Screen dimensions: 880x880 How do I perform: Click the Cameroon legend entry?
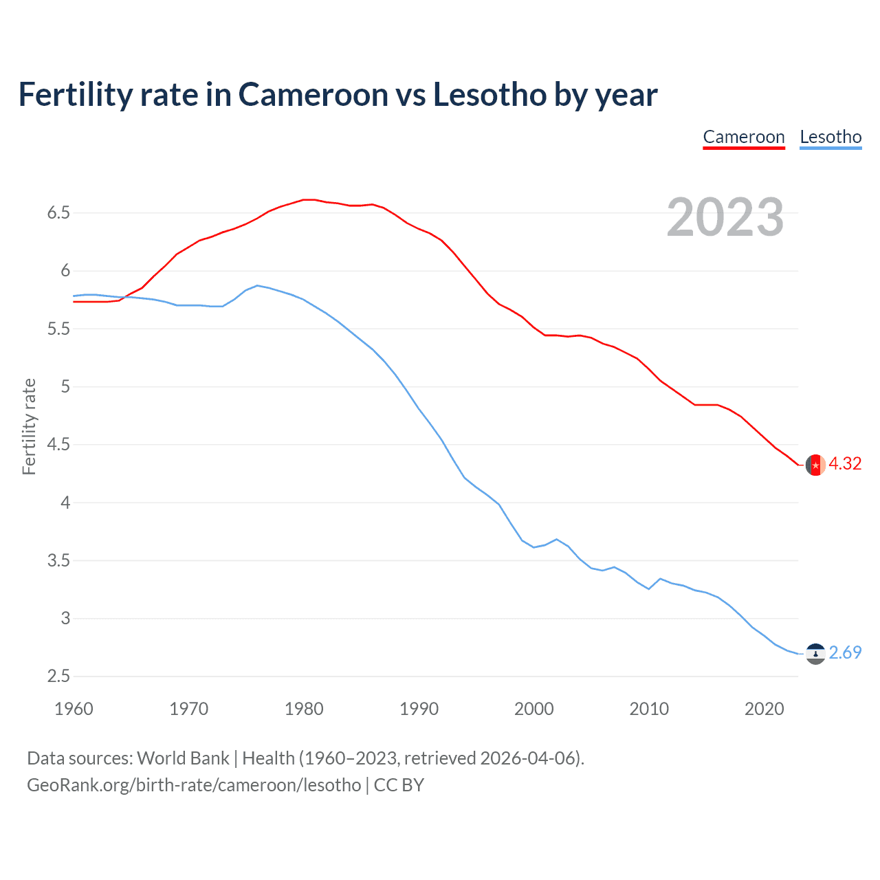[743, 137]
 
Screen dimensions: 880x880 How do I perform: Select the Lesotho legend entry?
[830, 137]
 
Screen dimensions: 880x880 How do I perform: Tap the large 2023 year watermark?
[725, 217]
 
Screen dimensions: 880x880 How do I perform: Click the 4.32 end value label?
[845, 464]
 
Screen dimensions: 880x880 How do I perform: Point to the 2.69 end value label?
[845, 652]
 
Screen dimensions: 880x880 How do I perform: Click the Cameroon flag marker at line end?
[815, 465]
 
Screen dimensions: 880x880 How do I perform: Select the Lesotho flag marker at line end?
[815, 653]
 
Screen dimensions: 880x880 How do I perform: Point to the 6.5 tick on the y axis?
[58, 213]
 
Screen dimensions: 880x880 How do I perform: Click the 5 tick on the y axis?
[65, 386]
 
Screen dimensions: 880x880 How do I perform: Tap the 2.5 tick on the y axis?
[58, 676]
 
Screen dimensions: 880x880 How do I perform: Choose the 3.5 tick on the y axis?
[58, 560]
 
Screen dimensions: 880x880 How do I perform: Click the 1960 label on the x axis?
[74, 709]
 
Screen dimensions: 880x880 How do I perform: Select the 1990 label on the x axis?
[419, 709]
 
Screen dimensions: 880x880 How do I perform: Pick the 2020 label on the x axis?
[764, 709]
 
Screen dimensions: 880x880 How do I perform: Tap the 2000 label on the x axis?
[533, 709]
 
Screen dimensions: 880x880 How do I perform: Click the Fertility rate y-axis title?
[29, 426]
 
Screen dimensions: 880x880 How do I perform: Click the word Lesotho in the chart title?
[489, 95]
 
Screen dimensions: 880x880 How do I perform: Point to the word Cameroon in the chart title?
[313, 95]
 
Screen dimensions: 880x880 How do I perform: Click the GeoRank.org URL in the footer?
[194, 785]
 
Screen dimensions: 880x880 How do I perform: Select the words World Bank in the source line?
[183, 758]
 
